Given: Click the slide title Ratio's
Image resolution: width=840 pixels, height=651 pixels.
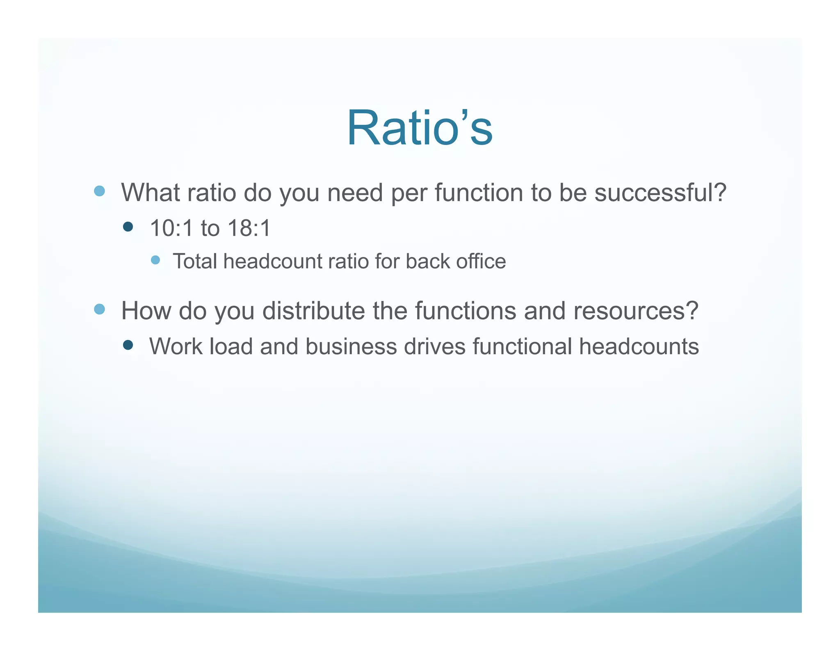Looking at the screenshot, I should [420, 128].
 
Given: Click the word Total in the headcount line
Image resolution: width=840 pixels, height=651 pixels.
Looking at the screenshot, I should [196, 261].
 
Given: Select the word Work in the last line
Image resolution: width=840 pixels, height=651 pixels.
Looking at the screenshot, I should [176, 346].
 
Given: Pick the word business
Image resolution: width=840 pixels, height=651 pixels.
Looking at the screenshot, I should [351, 346].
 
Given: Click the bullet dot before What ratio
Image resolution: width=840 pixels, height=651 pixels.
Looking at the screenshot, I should [99, 191].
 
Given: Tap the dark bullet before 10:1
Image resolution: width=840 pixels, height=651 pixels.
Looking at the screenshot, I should [128, 227].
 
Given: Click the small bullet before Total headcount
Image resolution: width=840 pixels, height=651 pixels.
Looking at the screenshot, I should [155, 260].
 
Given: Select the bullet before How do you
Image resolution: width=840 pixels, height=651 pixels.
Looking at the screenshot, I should [99, 309].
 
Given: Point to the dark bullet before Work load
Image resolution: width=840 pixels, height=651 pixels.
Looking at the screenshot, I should [128, 345].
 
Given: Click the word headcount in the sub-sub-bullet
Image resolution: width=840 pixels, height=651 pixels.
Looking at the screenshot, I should [273, 261].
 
